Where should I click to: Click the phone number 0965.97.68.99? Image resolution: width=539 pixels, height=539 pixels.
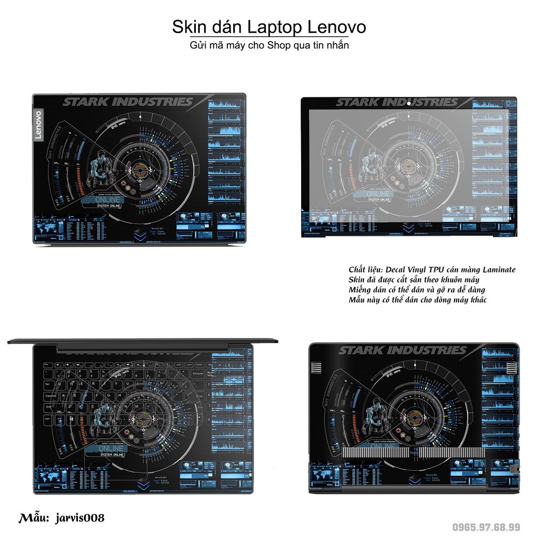pos(487,527)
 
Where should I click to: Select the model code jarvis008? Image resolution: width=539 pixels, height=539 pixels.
pos(79,518)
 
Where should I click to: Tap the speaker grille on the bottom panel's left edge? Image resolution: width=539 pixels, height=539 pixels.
pos(316,367)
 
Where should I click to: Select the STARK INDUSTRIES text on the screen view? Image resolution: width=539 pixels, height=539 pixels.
pos(396,103)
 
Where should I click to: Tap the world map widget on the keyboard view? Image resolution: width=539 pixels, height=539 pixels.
pos(48,477)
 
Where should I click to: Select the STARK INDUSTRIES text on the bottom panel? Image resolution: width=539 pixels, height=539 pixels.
pos(403,351)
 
